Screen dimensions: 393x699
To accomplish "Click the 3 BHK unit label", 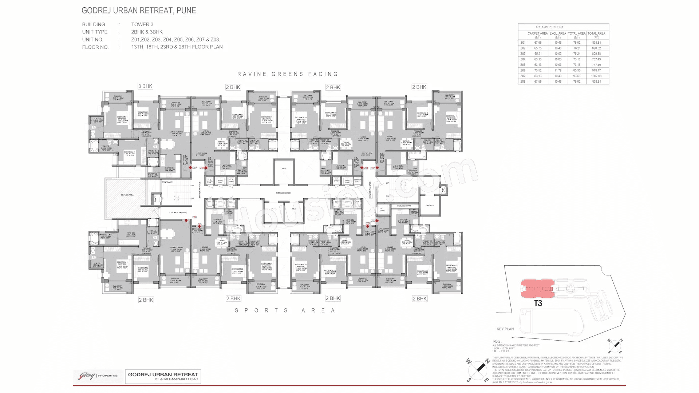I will [x=145, y=86].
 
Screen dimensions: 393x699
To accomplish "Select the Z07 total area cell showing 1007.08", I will [x=596, y=76].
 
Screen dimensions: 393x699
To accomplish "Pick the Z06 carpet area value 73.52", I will [x=538, y=71].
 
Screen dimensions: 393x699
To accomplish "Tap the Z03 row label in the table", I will [x=523, y=54].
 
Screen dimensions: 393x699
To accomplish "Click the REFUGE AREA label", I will [x=127, y=195].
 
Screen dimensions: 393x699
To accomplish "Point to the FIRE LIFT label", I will [x=430, y=206].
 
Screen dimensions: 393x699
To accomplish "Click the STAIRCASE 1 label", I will [x=167, y=182].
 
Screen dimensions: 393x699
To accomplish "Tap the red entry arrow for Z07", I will [x=190, y=168].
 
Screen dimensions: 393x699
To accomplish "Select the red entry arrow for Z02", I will [x=377, y=168].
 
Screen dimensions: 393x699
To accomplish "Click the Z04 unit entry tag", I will [x=368, y=223].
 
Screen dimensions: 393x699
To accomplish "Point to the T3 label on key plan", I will [x=538, y=303].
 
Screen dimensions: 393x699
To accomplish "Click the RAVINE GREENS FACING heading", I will [x=288, y=74].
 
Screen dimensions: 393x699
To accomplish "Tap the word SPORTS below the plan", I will [x=261, y=310].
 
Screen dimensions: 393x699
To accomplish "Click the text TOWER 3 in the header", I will [x=142, y=24].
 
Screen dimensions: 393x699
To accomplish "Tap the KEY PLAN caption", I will [x=505, y=329].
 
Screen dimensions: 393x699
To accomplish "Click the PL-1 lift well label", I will [x=284, y=169].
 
